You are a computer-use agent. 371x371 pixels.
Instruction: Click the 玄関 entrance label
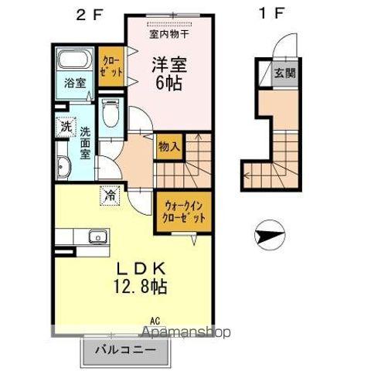(x=284, y=75)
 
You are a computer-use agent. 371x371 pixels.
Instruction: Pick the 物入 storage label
(x=170, y=145)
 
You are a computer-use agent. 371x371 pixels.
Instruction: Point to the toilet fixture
(x=111, y=116)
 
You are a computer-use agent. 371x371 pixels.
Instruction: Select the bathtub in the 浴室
(x=74, y=63)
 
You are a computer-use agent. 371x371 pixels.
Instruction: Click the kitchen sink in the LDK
(x=92, y=237)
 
